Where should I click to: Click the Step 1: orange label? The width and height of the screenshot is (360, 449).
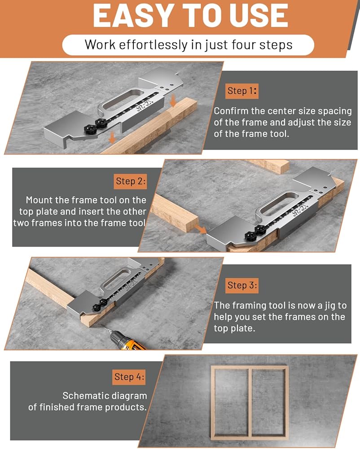coord(242,91)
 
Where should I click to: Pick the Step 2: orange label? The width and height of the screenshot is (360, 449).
coord(131,181)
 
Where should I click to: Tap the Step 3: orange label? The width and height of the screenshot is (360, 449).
coord(242,286)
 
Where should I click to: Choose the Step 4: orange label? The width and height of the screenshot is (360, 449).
coord(129,377)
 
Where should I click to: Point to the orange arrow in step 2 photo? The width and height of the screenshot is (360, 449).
coord(200,229)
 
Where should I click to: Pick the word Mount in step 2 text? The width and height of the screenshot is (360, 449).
coord(36,200)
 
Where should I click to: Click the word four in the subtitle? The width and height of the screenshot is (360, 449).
coord(244,44)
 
